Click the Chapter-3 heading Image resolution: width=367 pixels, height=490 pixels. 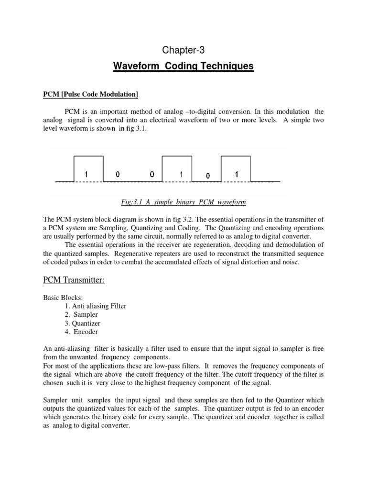point(183,48)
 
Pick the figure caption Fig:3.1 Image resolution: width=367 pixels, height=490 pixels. point(183,202)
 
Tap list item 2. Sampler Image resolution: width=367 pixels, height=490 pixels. point(81,314)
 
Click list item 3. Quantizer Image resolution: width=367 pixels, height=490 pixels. point(84,323)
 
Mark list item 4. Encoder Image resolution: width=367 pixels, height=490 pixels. point(82,332)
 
